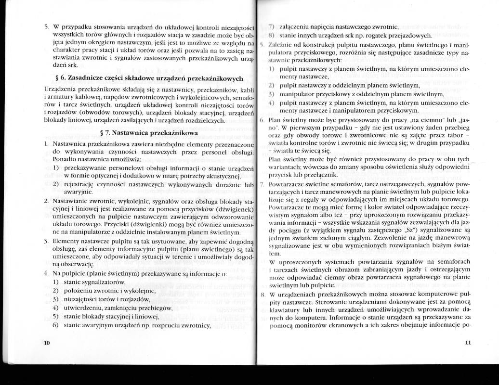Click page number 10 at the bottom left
pos(47,342)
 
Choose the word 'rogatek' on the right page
pos(381,36)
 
